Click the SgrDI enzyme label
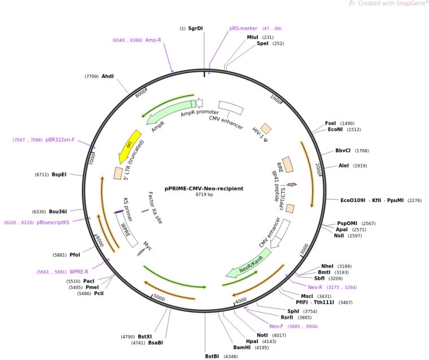coord(195,28)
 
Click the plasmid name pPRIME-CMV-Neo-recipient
coord(204,188)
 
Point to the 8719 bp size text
coord(204,195)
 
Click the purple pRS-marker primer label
coord(243,28)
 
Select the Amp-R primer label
coord(153,40)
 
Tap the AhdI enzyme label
coord(107,76)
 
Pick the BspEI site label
coord(59,174)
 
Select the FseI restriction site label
coord(331,123)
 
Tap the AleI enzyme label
coord(344,166)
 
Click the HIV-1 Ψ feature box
coord(265,129)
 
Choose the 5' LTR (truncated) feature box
coord(119,173)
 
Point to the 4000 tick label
coord(241,301)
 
